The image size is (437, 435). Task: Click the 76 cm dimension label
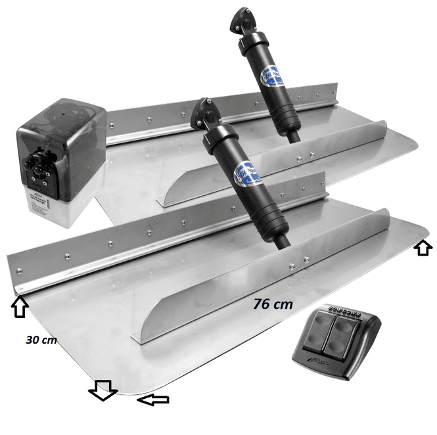click(x=273, y=304)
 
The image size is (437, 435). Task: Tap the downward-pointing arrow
click(x=103, y=390)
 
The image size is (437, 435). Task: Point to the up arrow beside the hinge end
click(x=20, y=304)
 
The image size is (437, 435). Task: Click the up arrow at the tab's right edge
click(x=424, y=247)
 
